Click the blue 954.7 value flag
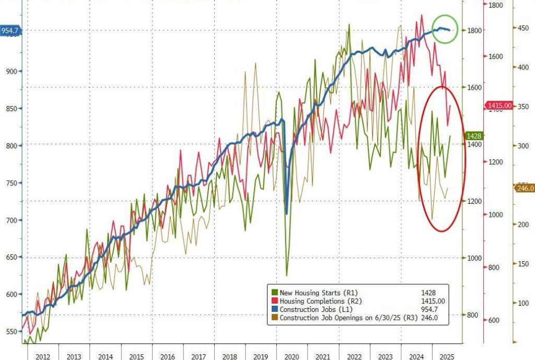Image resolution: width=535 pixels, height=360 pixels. [x=10, y=30]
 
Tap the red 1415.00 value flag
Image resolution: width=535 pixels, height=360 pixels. [x=499, y=105]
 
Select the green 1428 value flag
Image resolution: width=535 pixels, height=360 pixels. [x=474, y=135]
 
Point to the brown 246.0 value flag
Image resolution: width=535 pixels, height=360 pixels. [x=525, y=188]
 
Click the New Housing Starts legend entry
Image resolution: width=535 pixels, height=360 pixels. [x=319, y=293]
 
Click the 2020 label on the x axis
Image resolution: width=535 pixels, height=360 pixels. [x=292, y=356]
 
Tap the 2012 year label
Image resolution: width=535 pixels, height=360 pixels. [x=43, y=356]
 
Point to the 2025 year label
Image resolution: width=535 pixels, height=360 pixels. [x=447, y=356]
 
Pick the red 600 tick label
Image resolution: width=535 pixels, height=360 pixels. [x=494, y=321]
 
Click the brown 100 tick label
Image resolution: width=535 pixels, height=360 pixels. [x=523, y=303]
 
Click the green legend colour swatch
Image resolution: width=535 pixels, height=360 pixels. [x=275, y=293]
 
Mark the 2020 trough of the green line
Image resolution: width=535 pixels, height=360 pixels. [x=287, y=275]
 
